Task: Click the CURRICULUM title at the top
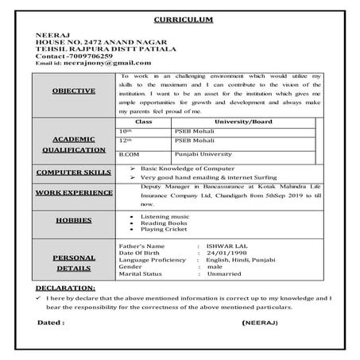click(x=180, y=17)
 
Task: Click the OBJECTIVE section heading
click(x=74, y=91)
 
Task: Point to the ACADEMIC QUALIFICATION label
click(x=74, y=142)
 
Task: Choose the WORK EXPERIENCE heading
click(x=74, y=192)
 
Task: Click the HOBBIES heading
click(x=74, y=220)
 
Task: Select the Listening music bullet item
click(x=165, y=216)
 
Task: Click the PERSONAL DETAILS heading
click(x=74, y=263)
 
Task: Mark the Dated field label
click(x=52, y=323)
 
